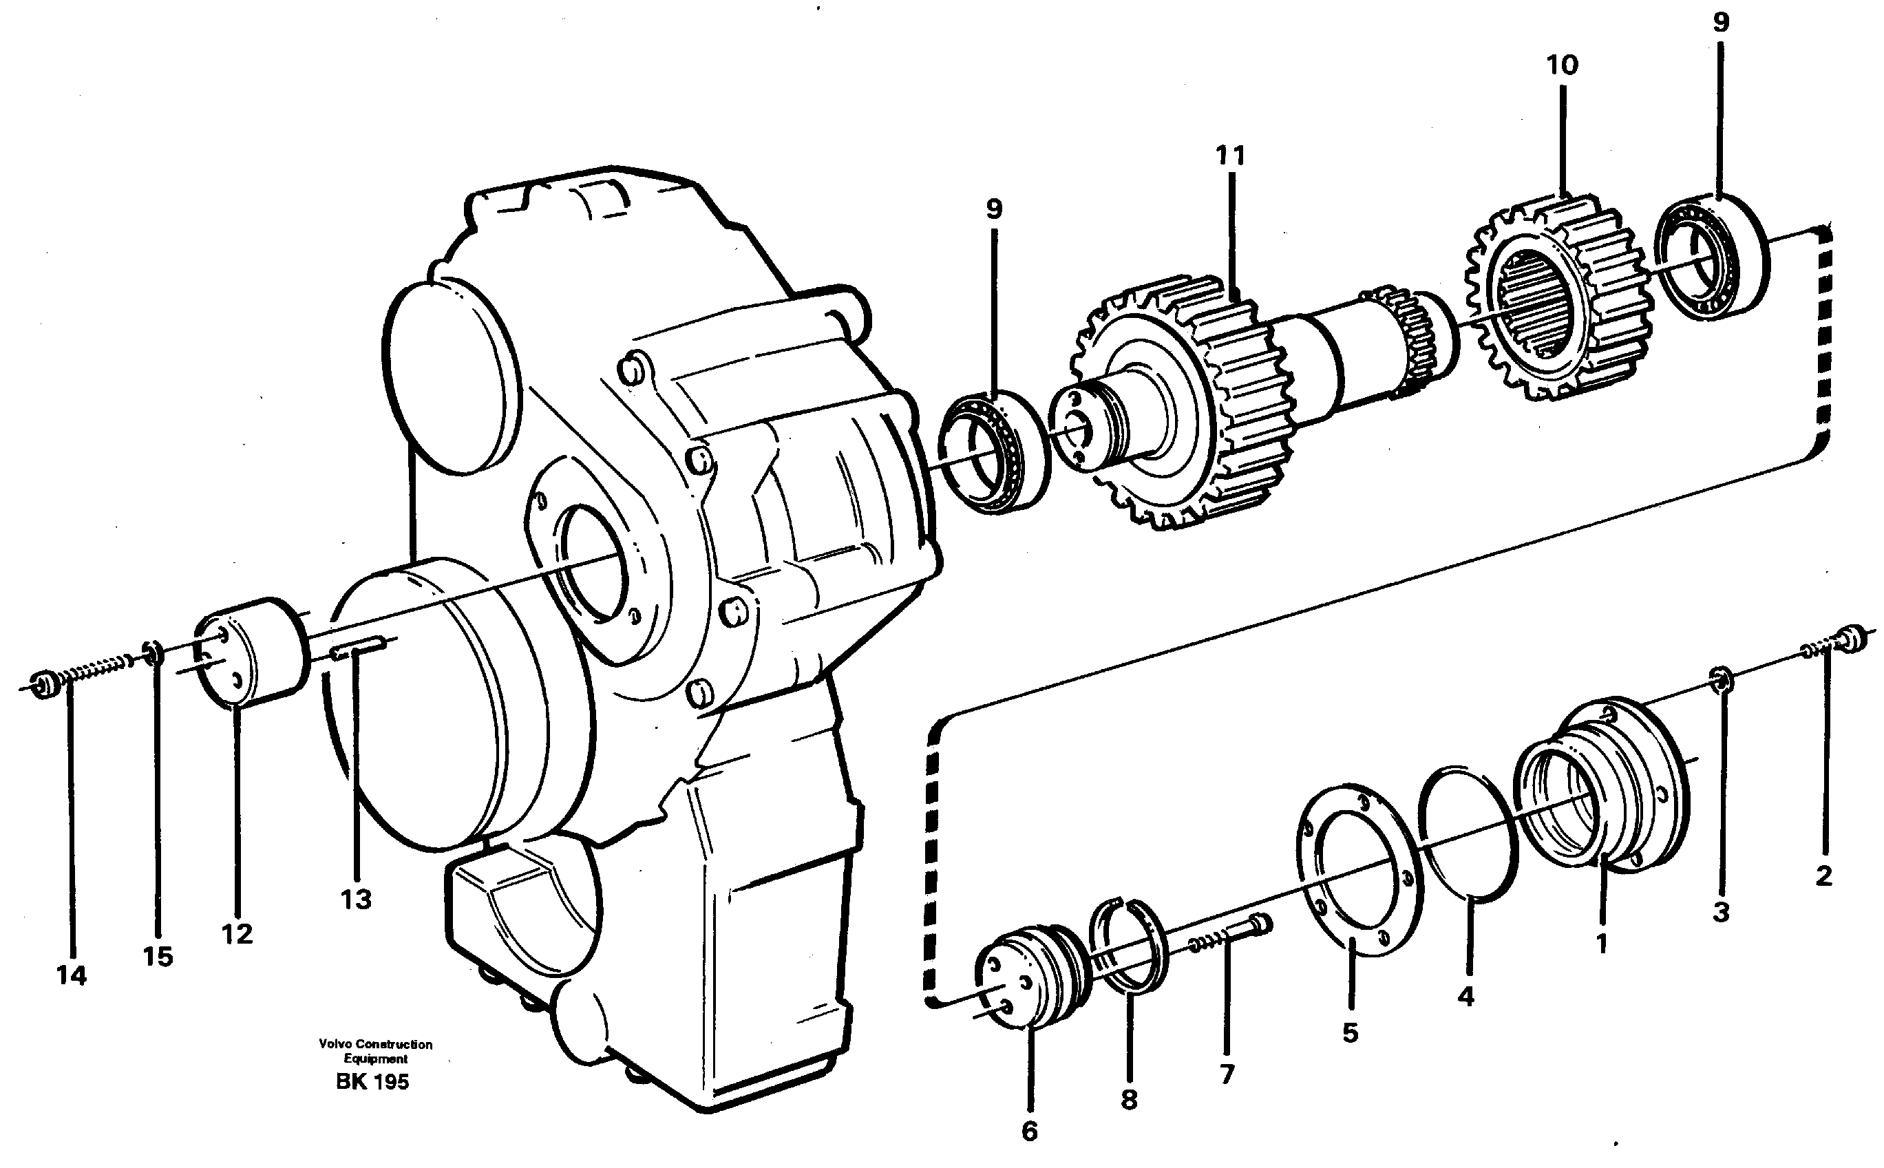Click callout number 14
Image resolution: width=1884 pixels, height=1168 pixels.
pyautogui.click(x=71, y=976)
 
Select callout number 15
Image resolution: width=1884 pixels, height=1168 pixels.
pyautogui.click(x=158, y=957)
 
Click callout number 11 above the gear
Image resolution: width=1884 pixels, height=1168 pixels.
pyautogui.click(x=1231, y=157)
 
